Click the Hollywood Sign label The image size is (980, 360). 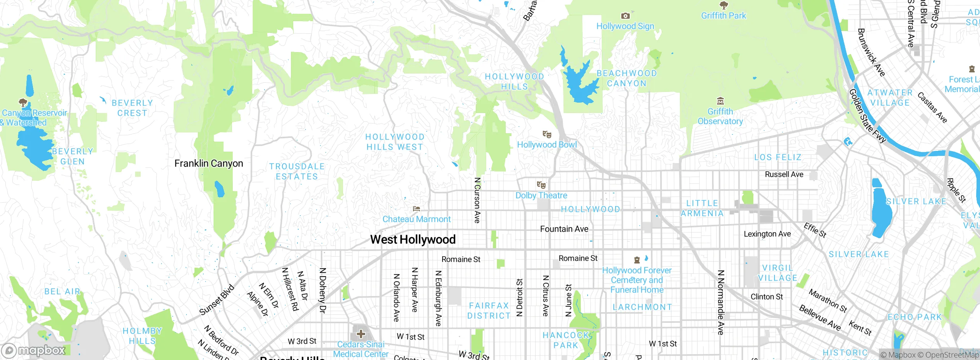tap(625, 26)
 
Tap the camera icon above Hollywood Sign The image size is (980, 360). tap(625, 16)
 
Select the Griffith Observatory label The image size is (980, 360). tap(720, 116)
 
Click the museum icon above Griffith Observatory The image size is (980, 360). tap(720, 101)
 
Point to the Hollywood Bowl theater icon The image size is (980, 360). tap(547, 134)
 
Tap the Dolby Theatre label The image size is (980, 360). tap(541, 195)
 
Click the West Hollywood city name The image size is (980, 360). tap(413, 239)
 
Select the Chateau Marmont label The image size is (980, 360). tap(416, 219)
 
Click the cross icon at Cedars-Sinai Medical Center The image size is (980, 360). tap(361, 334)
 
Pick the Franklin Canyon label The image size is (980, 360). tap(209, 164)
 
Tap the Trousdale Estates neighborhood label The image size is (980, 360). tap(297, 171)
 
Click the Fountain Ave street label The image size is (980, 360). tap(564, 229)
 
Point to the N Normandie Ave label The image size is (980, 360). tap(720, 303)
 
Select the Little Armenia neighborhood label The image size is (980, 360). tap(702, 208)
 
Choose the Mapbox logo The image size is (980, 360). tap(34, 350)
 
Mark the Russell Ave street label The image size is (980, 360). tap(784, 174)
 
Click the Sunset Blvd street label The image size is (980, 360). tap(217, 300)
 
